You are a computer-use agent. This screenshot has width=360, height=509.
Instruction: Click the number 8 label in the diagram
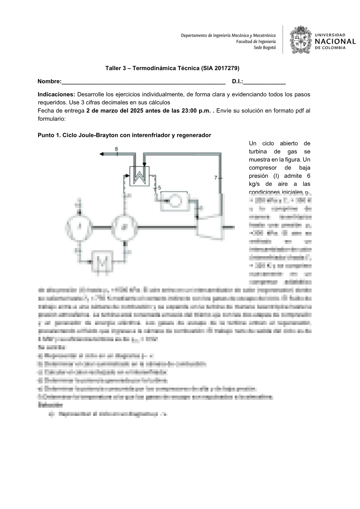coord(116,148)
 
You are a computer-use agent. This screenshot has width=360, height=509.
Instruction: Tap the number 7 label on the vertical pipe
coord(216,178)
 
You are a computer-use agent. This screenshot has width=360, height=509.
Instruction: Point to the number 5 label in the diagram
coord(159,188)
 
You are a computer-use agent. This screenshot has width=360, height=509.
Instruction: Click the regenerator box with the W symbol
coord(139,176)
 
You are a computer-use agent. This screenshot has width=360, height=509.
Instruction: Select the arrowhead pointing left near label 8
coord(102,154)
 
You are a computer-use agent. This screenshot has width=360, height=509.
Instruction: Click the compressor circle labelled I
coord(80,227)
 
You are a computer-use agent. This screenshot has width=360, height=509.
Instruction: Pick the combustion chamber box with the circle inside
coord(174,201)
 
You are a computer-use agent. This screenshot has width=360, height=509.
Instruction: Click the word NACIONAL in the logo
coord(335,41)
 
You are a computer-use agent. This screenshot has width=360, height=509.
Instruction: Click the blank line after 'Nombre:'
coord(143,82)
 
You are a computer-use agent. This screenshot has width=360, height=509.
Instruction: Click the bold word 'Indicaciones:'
coord(56,94)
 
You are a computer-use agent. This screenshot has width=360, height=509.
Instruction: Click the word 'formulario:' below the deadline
coord(52,119)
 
